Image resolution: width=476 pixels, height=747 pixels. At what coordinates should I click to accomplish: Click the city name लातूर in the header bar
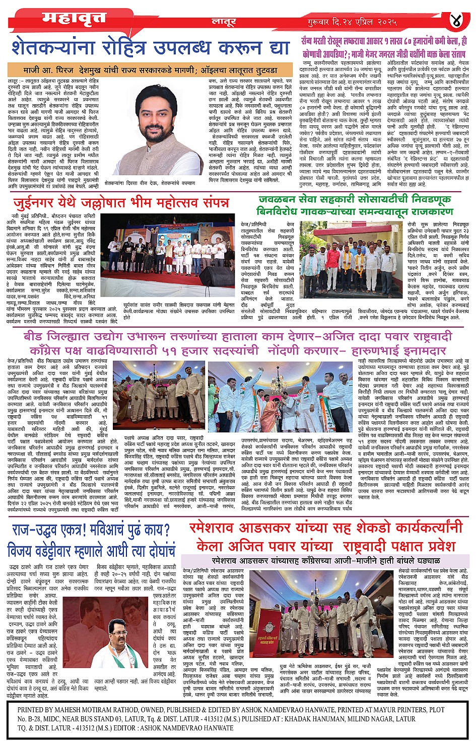point(224,22)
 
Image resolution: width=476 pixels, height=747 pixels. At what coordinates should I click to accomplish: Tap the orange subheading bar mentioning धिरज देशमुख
point(150,70)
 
